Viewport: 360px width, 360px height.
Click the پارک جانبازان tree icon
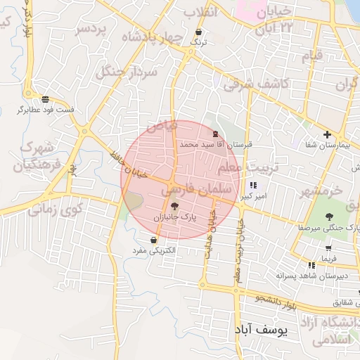point(174,206)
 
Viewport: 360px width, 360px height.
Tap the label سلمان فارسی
point(196,189)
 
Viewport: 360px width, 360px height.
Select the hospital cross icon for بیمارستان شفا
point(326,134)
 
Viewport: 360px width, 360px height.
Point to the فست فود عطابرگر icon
point(46,99)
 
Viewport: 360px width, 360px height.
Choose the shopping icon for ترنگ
point(199,32)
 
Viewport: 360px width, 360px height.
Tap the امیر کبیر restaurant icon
point(253,186)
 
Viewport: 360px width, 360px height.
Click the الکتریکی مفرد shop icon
point(153,240)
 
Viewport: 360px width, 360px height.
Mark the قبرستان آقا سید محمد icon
point(215,133)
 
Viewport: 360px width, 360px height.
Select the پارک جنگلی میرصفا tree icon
point(330,216)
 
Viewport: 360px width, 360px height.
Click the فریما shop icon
point(328,247)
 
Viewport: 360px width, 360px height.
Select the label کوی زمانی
point(56,209)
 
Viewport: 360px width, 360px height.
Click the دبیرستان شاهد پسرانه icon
point(310,265)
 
